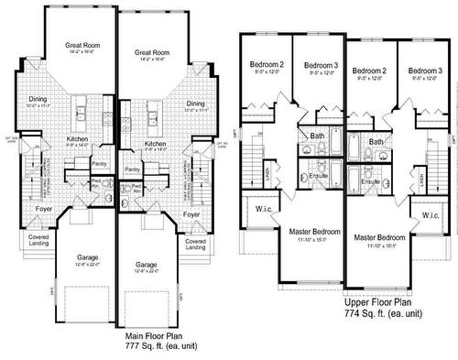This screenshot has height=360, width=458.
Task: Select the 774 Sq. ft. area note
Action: coord(383,313)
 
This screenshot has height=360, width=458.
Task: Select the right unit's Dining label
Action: coord(194,104)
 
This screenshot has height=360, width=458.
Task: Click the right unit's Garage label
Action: coord(146,264)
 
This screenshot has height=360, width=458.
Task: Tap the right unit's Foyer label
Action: coord(191,214)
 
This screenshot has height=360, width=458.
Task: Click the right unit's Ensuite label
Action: coord(370,181)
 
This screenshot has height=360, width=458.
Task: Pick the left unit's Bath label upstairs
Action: coord(317,136)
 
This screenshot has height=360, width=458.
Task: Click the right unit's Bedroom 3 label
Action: coord(425,71)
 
